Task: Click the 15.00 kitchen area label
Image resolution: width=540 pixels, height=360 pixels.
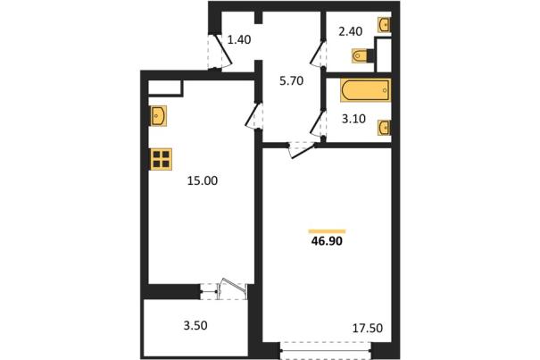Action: click(x=203, y=180)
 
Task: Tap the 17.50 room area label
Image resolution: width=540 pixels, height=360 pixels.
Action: click(x=368, y=328)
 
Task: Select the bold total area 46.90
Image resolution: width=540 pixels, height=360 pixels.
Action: click(x=327, y=241)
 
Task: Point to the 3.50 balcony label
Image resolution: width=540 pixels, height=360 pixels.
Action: click(x=195, y=325)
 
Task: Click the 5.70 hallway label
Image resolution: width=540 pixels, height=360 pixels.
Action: click(x=291, y=80)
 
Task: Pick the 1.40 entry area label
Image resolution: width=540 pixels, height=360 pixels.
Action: click(x=239, y=39)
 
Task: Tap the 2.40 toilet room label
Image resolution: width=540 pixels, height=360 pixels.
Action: click(x=351, y=31)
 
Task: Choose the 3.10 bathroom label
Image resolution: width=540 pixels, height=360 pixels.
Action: click(x=353, y=119)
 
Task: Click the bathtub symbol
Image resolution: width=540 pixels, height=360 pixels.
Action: click(x=365, y=90)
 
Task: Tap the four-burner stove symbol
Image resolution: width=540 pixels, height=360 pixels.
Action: click(x=162, y=159)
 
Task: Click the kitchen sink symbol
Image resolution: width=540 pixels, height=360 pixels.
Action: click(x=158, y=116)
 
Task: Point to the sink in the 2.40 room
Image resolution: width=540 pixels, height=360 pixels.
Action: click(x=384, y=24)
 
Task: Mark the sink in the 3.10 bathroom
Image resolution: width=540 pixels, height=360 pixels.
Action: click(x=384, y=128)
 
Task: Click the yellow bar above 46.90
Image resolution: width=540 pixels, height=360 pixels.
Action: click(x=328, y=231)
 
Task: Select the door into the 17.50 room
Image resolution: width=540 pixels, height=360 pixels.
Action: click(x=303, y=150)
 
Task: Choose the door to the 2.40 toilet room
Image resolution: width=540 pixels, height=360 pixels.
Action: click(x=319, y=54)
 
